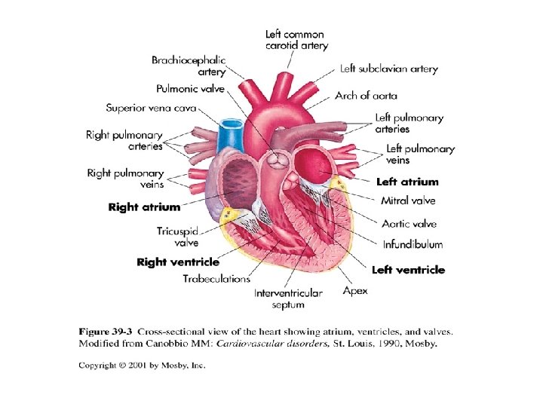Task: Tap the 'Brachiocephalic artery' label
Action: coord(189,66)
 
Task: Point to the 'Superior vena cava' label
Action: coord(151,108)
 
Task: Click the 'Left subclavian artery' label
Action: coord(388,69)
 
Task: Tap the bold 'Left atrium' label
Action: coord(407,182)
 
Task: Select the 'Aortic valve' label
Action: coord(409,224)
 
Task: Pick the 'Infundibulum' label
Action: coord(413,244)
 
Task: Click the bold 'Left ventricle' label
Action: coord(408,270)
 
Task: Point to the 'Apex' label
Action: coord(355,290)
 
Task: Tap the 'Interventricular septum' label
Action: coord(288,298)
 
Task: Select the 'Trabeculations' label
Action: coord(216,279)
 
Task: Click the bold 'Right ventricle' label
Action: coord(178,262)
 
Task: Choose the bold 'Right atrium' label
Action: coord(145,207)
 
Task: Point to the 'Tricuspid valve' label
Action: coord(178,237)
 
